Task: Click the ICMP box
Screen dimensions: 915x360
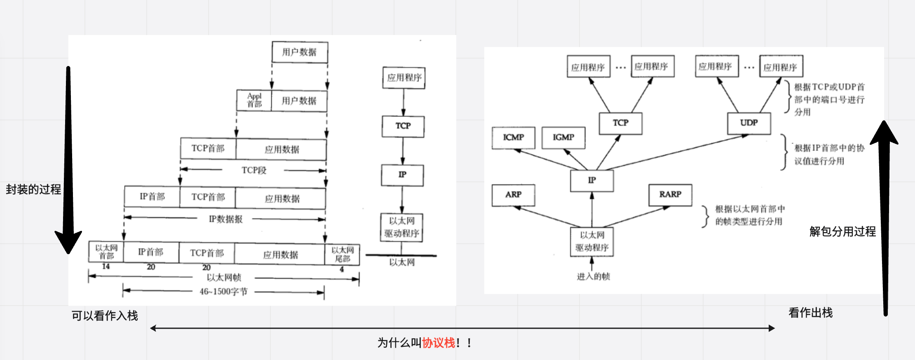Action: pyautogui.click(x=513, y=138)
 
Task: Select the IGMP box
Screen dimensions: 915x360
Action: pyautogui.click(x=563, y=138)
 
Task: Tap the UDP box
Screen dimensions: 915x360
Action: pyautogui.click(x=749, y=123)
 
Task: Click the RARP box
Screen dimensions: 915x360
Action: pyautogui.click(x=670, y=195)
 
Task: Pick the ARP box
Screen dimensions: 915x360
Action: pyautogui.click(x=513, y=195)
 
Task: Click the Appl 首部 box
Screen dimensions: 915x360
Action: pyautogui.click(x=254, y=100)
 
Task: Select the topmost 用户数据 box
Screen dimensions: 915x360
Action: pyautogui.click(x=300, y=52)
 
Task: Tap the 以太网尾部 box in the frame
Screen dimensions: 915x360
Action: pyautogui.click(x=342, y=254)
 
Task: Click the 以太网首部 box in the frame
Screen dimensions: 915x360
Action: pyautogui.click(x=106, y=252)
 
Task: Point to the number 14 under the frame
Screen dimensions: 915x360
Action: pyautogui.click(x=106, y=266)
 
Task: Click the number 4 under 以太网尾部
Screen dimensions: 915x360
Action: pyautogui.click(x=342, y=269)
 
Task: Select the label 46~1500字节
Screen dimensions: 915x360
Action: pyautogui.click(x=223, y=292)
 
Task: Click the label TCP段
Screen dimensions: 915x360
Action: pyautogui.click(x=254, y=170)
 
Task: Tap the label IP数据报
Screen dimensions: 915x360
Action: pyautogui.click(x=225, y=219)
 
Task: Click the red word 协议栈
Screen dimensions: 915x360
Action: pyautogui.click(x=439, y=343)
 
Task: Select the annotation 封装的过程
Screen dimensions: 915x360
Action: pyautogui.click(x=33, y=190)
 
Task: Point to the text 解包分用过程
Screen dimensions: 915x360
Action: pyautogui.click(x=842, y=232)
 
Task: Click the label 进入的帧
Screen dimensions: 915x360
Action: pyautogui.click(x=593, y=277)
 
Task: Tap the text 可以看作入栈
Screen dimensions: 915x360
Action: pyautogui.click(x=105, y=316)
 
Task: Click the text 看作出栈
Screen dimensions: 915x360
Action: pyautogui.click(x=810, y=313)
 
